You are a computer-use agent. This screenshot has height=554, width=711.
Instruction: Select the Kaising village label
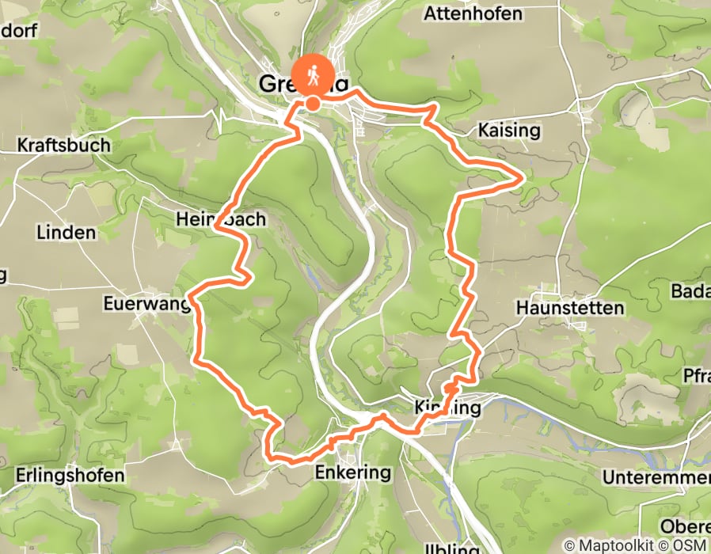coord(510,130)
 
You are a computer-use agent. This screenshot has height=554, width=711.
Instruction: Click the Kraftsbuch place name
coord(63,146)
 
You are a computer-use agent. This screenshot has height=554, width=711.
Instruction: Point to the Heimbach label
coord(221,219)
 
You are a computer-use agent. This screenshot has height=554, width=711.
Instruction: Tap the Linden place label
coord(66,233)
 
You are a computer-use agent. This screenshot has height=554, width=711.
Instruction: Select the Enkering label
coord(353,473)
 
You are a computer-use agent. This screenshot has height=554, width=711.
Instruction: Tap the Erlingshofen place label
coord(70,476)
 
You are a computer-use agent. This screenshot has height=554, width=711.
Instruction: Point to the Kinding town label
coord(447,408)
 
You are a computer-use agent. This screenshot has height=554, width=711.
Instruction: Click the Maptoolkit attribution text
coord(610,546)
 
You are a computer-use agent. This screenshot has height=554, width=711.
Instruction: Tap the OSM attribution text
coord(688,546)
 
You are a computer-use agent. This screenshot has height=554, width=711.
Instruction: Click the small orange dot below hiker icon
coord(313,103)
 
